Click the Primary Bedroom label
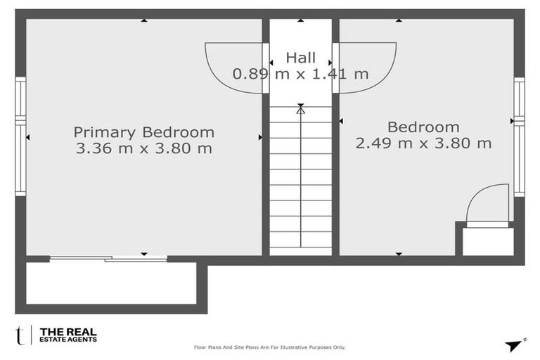click(144, 133)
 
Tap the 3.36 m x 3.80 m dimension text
click(144, 148)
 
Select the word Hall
click(301, 58)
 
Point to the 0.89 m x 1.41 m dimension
click(301, 74)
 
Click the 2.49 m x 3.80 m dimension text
click(423, 143)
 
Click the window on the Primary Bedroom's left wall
click(20, 136)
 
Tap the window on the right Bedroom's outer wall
click(520, 137)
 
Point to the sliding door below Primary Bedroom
click(108, 259)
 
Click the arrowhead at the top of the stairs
click(301, 110)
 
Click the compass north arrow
click(514, 345)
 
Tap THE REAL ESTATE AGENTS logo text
click(68, 335)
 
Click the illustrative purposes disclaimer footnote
click(270, 347)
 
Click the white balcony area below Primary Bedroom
click(111, 283)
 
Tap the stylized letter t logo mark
click(20, 335)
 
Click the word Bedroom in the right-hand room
click(423, 127)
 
